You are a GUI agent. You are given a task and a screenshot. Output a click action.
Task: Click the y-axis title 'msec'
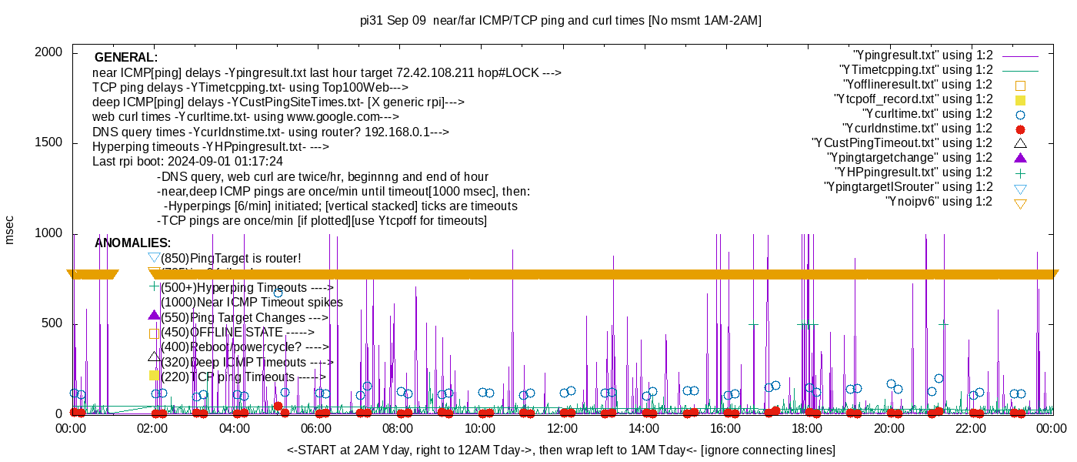(10, 229)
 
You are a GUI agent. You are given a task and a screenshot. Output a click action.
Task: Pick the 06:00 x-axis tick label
(316, 429)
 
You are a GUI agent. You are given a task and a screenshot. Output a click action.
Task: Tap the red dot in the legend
(1021, 129)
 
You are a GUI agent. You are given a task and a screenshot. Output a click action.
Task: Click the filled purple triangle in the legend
(1021, 158)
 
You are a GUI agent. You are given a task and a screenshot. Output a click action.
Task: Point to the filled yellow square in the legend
(1021, 99)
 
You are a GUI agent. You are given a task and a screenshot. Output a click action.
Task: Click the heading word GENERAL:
(126, 58)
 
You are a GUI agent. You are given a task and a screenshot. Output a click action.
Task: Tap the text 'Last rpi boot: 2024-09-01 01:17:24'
(188, 162)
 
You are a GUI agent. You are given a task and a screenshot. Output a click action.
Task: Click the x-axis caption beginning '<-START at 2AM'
(561, 450)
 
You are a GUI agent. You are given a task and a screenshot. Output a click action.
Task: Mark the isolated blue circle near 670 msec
(278, 293)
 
